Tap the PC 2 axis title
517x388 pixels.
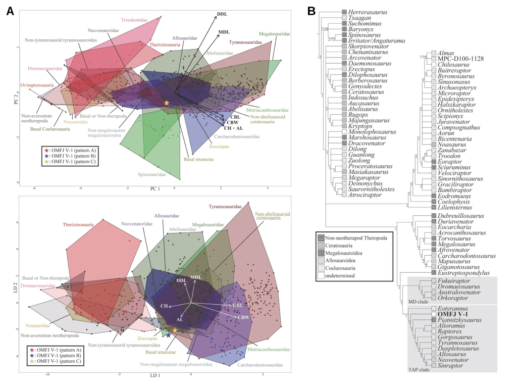(16, 98)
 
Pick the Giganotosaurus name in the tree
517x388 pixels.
(461, 266)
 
